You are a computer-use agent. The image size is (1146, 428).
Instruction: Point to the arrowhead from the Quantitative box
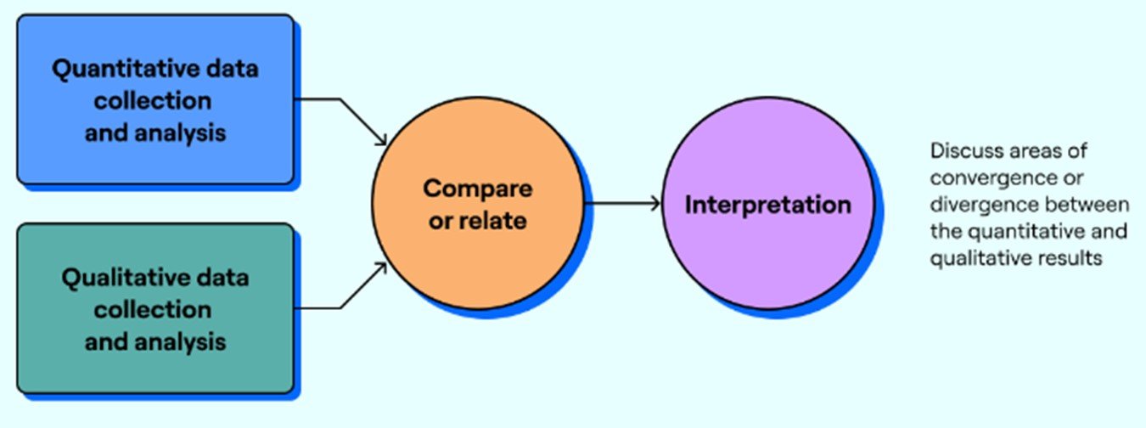[x=381, y=138]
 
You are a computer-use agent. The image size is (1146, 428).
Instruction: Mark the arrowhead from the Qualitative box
[x=381, y=269]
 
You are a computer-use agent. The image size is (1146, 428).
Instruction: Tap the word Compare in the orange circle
[x=478, y=188]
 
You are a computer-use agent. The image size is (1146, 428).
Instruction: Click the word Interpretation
[x=767, y=205]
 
